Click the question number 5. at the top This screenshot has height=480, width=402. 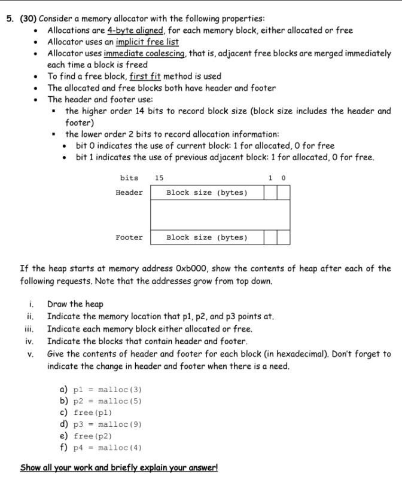click(x=11, y=18)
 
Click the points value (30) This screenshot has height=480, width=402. click(x=28, y=18)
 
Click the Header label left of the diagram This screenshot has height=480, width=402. click(x=129, y=192)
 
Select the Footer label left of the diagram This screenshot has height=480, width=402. click(x=129, y=237)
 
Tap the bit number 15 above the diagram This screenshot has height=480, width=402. click(x=159, y=178)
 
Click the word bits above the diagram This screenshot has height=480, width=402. click(x=129, y=178)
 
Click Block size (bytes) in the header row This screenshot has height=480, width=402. click(x=206, y=192)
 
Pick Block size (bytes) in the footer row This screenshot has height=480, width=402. click(x=206, y=237)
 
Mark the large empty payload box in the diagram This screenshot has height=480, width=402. click(x=220, y=215)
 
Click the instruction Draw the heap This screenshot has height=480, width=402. click(x=75, y=304)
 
